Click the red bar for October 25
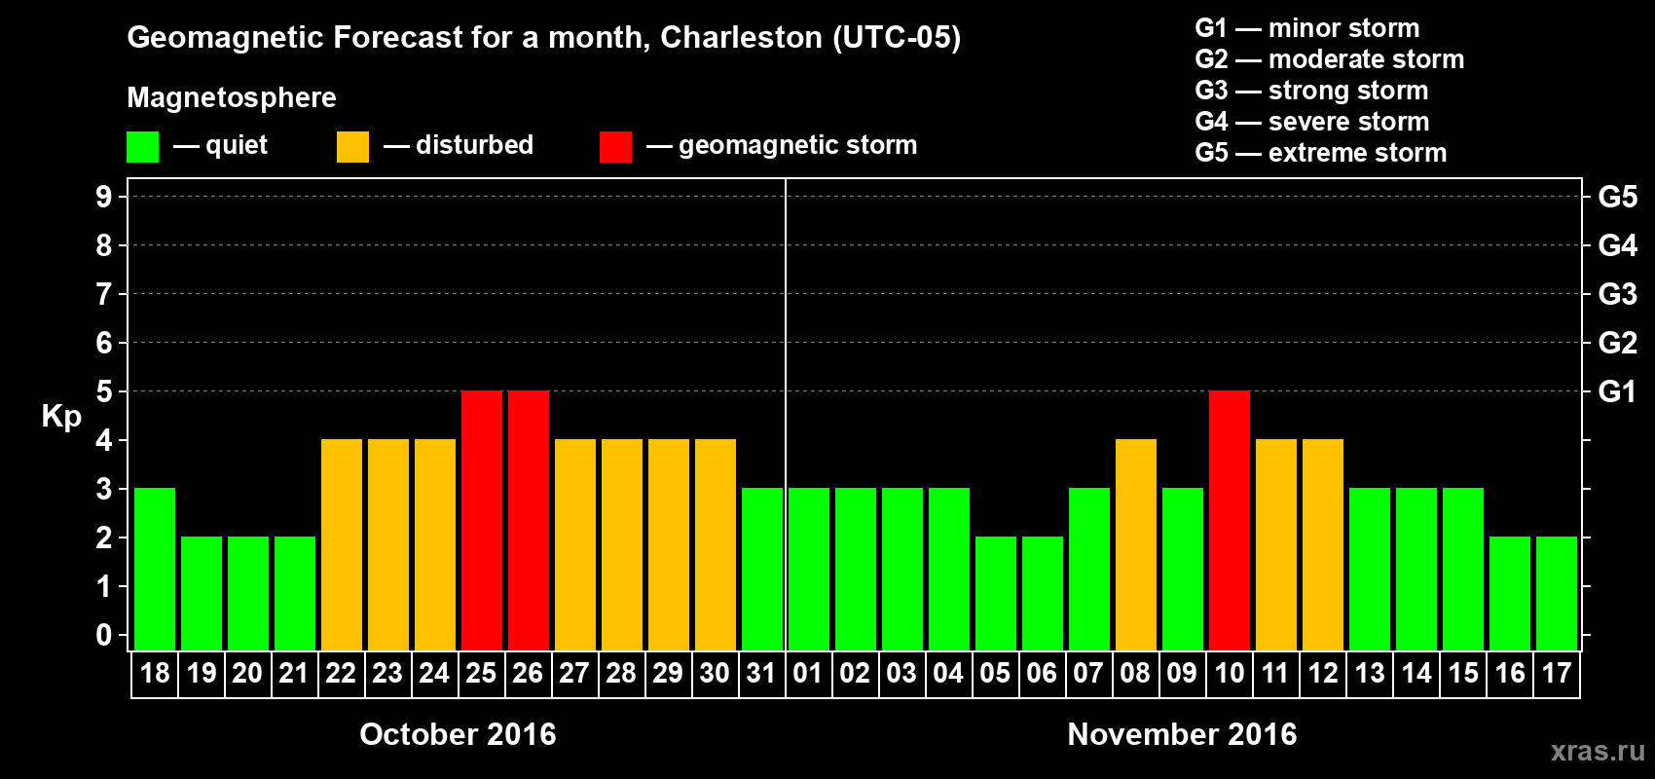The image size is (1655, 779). [482, 520]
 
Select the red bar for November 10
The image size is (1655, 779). [1230, 520]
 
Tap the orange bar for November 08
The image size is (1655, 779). [1136, 544]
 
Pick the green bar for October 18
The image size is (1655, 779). [155, 569]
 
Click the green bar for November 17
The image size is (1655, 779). [1557, 593]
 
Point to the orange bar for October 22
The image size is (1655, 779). [342, 544]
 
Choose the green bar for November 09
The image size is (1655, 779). [1183, 569]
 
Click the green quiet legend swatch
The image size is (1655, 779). [143, 147]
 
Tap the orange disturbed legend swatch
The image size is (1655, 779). [352, 147]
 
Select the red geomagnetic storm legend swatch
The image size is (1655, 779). [615, 147]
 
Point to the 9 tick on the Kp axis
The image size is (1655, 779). [104, 197]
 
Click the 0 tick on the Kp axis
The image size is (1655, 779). [104, 636]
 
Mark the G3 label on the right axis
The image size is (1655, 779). [1617, 294]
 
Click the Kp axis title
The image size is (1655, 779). [61, 417]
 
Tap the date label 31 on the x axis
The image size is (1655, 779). [761, 674]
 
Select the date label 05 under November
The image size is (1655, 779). [995, 674]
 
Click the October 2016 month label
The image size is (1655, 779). [458, 734]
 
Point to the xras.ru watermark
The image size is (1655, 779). [1598, 751]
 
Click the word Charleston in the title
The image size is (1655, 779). [741, 37]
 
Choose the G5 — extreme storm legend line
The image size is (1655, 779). [1321, 153]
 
